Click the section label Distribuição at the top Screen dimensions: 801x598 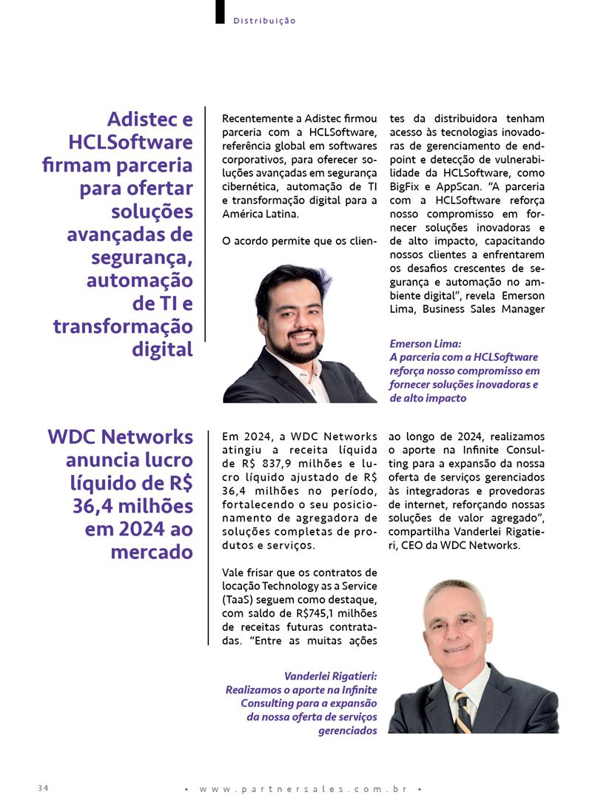[264, 21]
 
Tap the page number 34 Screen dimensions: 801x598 [43, 788]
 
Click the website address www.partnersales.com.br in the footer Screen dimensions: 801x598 [303, 789]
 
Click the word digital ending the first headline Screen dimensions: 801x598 [162, 348]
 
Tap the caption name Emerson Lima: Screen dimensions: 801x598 [426, 343]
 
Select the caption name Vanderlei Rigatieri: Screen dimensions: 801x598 [331, 676]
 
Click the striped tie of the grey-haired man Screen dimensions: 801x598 [463, 712]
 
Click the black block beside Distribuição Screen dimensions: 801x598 [220, 12]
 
